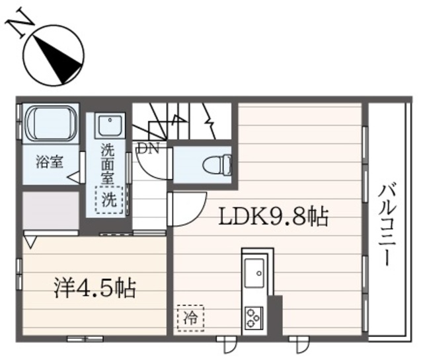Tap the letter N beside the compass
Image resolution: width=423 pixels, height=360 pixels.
tap(19, 24)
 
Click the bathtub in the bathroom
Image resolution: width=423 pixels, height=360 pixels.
tap(51, 128)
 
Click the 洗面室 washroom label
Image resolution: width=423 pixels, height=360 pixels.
tap(108, 163)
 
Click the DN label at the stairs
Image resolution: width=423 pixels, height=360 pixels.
tap(147, 149)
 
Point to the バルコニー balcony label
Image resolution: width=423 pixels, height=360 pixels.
tap(387, 225)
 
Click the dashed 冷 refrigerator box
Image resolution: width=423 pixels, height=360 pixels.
tap(190, 316)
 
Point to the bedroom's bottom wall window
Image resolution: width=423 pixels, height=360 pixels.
tap(85, 338)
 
